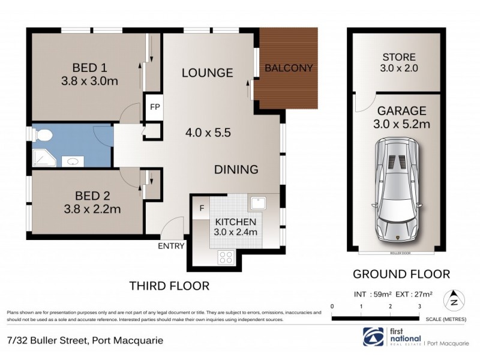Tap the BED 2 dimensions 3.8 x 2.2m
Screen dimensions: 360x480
coord(90,209)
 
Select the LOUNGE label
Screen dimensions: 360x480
coord(208,73)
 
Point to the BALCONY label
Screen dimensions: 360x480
coord(289,68)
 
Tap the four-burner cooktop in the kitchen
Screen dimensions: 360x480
coord(226,257)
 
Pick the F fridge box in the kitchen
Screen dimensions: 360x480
coord(202,208)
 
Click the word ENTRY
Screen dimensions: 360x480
coord(170,246)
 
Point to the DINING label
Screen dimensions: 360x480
coord(236,170)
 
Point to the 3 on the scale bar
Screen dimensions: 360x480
coord(419,307)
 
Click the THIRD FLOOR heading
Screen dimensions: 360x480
coord(170,286)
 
